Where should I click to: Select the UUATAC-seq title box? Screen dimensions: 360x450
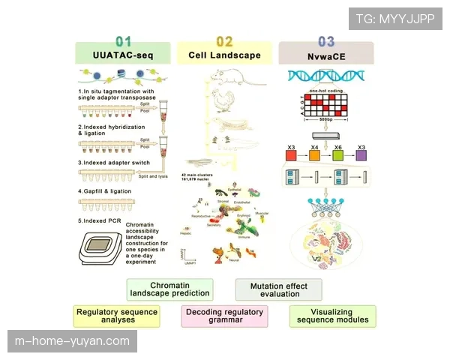[x=123, y=55]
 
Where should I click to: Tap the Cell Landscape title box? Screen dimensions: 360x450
[x=225, y=55]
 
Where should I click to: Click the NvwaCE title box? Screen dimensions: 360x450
[x=325, y=55]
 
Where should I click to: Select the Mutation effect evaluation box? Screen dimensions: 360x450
[x=277, y=289]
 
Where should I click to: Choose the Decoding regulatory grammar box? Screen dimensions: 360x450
[x=224, y=316]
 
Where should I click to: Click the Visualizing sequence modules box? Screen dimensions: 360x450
[x=332, y=316]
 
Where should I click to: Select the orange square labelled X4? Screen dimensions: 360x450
[x=316, y=155]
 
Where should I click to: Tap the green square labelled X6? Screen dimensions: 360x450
[x=338, y=155]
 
